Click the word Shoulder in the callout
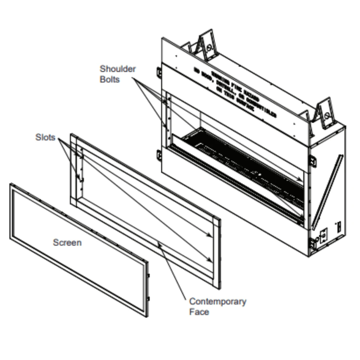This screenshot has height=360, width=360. (x=118, y=69)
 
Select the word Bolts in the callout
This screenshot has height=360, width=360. (x=109, y=80)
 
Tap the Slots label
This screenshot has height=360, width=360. (x=46, y=137)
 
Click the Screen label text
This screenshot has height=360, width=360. (x=67, y=243)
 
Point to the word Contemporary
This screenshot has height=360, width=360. (x=218, y=301)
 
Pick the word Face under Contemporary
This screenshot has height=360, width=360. (x=199, y=312)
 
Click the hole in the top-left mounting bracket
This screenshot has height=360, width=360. (x=208, y=47)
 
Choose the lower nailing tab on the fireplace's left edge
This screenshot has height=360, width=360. (x=159, y=156)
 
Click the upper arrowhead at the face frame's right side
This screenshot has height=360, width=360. (x=210, y=236)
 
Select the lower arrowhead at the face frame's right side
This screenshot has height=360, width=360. (x=210, y=259)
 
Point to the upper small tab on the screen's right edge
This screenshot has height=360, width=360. (x=148, y=275)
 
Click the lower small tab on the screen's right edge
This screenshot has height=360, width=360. (x=148, y=298)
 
